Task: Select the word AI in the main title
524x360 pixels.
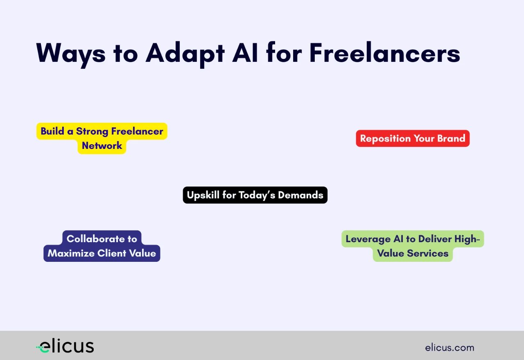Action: (x=245, y=53)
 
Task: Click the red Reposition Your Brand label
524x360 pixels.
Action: (x=413, y=138)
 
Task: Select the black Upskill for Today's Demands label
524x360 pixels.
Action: (x=255, y=195)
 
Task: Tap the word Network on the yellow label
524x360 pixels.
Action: (x=102, y=146)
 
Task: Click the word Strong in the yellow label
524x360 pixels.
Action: (x=92, y=132)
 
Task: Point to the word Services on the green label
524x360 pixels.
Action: (x=427, y=253)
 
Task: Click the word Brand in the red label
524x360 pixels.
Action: (x=451, y=138)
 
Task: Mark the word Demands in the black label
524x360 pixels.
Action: (x=300, y=195)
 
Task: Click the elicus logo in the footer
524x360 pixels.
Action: (x=65, y=346)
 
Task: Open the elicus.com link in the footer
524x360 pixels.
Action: (x=449, y=348)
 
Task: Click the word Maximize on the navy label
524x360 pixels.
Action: (x=71, y=253)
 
